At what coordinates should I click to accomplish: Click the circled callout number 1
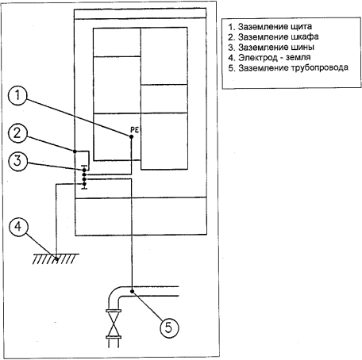(x=17, y=95)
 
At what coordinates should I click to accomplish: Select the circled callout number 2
(x=17, y=133)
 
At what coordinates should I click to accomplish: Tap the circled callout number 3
(x=17, y=161)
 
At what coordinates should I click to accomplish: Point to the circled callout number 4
(x=18, y=227)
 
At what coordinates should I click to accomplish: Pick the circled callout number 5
(x=169, y=327)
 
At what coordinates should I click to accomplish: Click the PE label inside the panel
(x=134, y=130)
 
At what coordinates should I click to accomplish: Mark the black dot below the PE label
(x=131, y=136)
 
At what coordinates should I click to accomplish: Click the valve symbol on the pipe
(x=114, y=324)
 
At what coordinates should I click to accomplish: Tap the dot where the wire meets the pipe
(x=132, y=291)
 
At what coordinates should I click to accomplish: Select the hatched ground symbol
(x=56, y=259)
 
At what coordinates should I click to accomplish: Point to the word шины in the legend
(x=302, y=48)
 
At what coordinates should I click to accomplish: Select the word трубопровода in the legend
(x=320, y=68)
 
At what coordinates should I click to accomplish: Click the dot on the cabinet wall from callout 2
(x=75, y=151)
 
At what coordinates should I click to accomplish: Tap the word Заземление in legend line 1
(x=263, y=27)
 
